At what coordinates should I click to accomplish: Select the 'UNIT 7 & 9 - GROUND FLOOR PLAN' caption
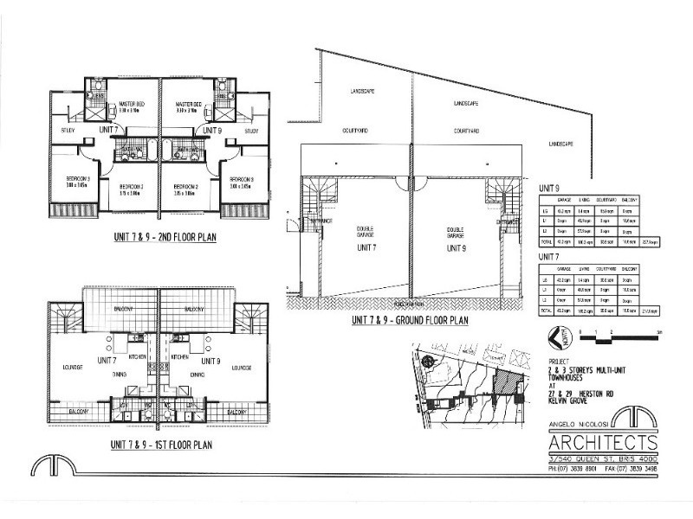(x=410, y=320)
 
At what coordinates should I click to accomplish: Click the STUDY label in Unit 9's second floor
(x=251, y=131)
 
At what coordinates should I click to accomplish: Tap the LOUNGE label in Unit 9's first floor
(x=242, y=368)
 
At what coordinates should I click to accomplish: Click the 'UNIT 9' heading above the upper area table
(x=550, y=187)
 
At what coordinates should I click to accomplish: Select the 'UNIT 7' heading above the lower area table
(x=550, y=257)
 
